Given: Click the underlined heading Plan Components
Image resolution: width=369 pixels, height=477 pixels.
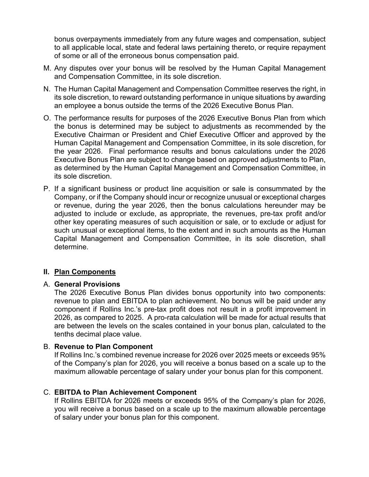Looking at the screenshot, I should (85, 272).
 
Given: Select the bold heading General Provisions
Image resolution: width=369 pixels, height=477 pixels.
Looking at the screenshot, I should (87, 284).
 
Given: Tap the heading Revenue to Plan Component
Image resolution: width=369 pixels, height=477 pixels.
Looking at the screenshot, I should (104, 347).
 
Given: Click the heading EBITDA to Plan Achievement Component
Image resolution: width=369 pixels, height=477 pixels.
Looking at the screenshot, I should (125, 392).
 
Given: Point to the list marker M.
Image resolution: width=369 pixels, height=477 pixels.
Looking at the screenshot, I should (47, 68).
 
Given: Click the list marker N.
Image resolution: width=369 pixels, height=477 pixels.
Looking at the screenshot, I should (47, 89).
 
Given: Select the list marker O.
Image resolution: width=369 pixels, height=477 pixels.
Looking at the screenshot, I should (47, 118).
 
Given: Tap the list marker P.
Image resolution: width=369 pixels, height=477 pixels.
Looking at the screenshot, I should (47, 189).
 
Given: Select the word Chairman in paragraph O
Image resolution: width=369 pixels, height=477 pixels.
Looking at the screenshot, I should (98, 135).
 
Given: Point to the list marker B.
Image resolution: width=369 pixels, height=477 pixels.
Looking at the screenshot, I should (47, 347).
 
